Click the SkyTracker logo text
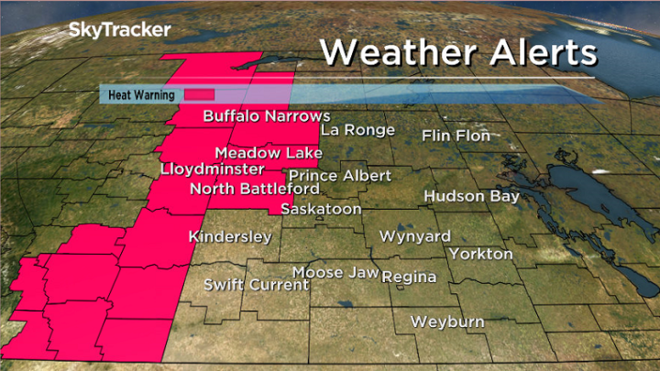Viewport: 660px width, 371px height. coord(119,30)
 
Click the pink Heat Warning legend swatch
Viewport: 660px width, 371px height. coord(199,93)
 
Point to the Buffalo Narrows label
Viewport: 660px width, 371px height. coord(266,116)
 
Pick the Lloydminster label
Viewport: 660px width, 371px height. coord(212,169)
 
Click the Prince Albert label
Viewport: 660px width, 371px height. coord(340,175)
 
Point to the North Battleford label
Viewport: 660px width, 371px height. coord(254,189)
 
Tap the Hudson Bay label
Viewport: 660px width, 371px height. coord(471,196)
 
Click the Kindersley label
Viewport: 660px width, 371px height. coord(230,237)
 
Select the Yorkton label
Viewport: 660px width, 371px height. coord(481,253)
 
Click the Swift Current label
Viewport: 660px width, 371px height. coord(257,285)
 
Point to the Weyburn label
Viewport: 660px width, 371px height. coord(447,322)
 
